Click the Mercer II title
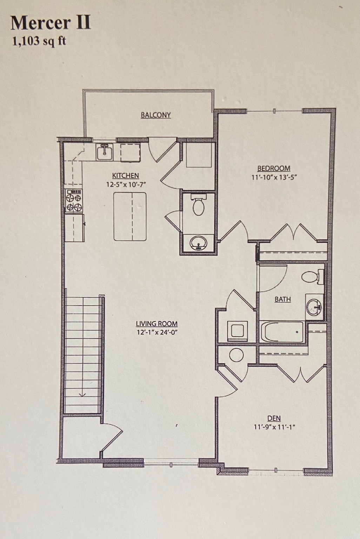[x=51, y=23]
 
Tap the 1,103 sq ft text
[x=39, y=41]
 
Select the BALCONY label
[x=156, y=115]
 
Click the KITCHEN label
[x=125, y=175]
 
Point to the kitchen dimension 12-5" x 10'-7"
[x=126, y=184]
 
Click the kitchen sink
[x=104, y=152]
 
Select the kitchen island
[x=130, y=216]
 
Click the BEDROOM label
[x=274, y=168]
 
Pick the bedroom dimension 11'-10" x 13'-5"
[x=274, y=177]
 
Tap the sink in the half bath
[x=198, y=242]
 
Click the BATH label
[x=282, y=299]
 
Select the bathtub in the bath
[x=282, y=332]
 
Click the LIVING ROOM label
[x=156, y=324]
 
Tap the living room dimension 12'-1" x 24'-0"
[x=157, y=332]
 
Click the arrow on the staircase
[x=82, y=393]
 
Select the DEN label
[x=274, y=418]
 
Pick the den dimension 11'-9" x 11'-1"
[x=274, y=427]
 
